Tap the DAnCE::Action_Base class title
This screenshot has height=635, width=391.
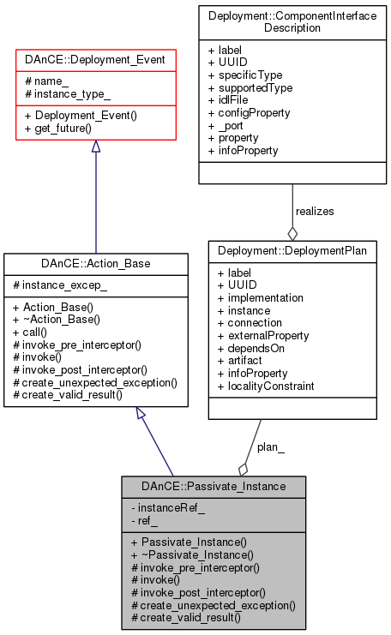[94, 263]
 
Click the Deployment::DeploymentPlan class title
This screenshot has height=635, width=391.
[292, 253]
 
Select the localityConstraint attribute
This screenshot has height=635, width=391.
[270, 386]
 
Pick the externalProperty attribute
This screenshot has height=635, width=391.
[268, 335]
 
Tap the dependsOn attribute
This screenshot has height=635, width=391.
[256, 348]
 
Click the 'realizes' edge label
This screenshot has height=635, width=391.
[315, 210]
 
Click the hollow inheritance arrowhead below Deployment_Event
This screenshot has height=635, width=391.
[94, 147]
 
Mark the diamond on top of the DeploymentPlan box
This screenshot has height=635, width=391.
[292, 232]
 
